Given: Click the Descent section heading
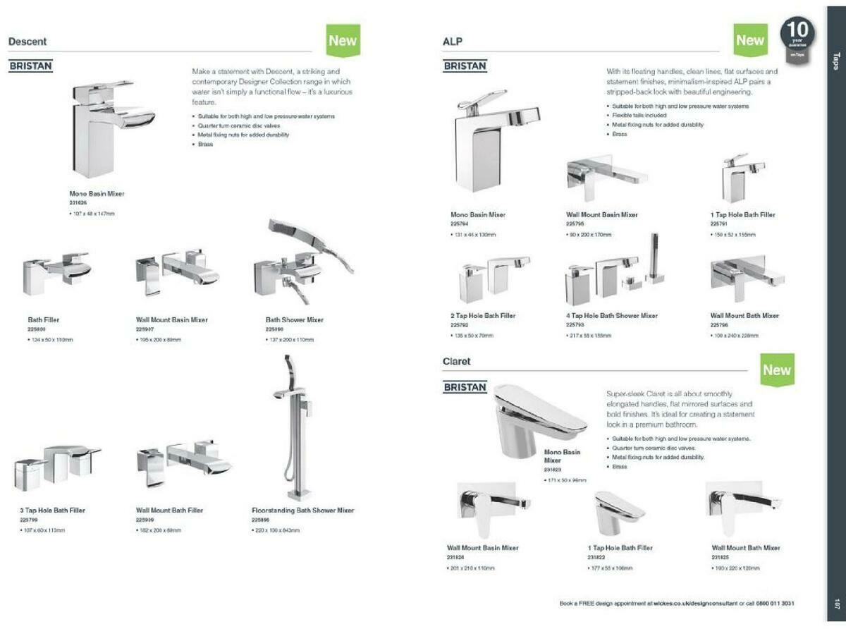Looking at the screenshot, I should pyautogui.click(x=27, y=42).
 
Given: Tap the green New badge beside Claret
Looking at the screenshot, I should pyautogui.click(x=777, y=370).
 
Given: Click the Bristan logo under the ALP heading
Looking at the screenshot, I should pyautogui.click(x=465, y=66).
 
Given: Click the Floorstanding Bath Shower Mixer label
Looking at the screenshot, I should pyautogui.click(x=302, y=511).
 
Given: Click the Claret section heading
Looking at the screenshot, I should pyautogui.click(x=456, y=362).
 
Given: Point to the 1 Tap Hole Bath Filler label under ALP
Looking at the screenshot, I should pyautogui.click(x=742, y=215).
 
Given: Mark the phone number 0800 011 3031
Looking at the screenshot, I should pyautogui.click(x=774, y=604).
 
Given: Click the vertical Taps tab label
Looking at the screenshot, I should pyautogui.click(x=836, y=61).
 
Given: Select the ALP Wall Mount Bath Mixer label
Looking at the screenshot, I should pyautogui.click(x=744, y=316).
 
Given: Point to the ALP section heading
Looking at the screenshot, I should pyautogui.click(x=452, y=42).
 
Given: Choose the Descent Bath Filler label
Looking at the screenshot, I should pyautogui.click(x=44, y=320).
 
